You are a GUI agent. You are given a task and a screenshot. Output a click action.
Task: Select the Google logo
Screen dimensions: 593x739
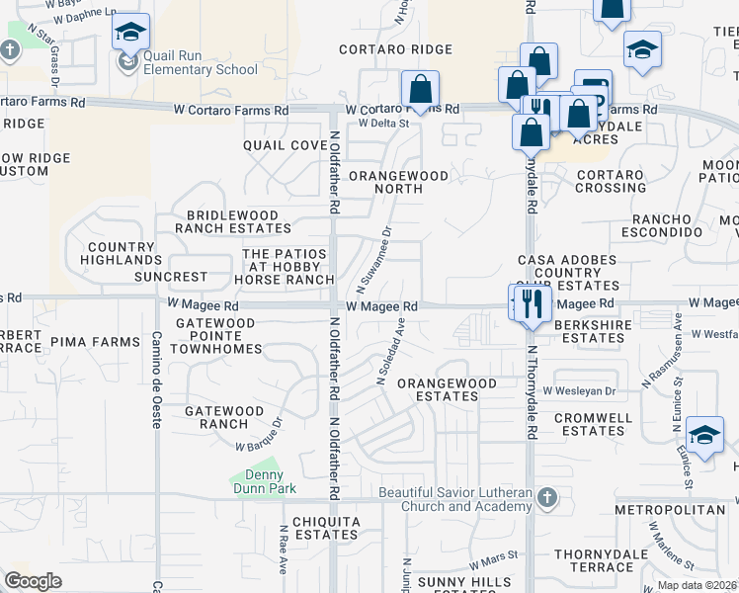pyautogui.click(x=33, y=581)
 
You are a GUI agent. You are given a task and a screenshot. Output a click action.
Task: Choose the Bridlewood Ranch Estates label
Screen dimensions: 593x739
pyautogui.click(x=233, y=220)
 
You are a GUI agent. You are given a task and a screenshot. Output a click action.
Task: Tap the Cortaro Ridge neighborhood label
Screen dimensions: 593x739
pyautogui.click(x=395, y=49)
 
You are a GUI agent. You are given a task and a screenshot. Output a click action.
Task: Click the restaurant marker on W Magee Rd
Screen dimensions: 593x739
pyautogui.click(x=532, y=303)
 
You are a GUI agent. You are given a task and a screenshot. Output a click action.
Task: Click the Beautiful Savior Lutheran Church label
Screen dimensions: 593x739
pyautogui.click(x=455, y=500)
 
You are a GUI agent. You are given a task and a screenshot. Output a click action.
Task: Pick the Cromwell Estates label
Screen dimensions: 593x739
pyautogui.click(x=593, y=424)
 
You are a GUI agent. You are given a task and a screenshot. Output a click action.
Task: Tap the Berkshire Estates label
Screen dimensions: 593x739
pyautogui.click(x=593, y=331)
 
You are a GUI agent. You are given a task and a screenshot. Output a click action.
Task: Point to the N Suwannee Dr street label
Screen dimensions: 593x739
pyautogui.click(x=373, y=259)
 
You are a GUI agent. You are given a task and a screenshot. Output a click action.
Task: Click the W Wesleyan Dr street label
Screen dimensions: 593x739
pyautogui.click(x=578, y=391)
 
